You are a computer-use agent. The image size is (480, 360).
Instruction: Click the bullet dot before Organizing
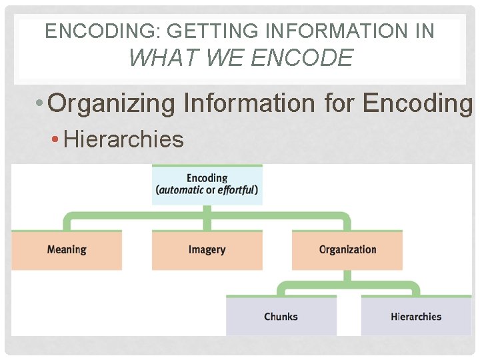point(41,104)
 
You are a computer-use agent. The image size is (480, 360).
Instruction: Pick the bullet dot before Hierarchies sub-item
point(56,140)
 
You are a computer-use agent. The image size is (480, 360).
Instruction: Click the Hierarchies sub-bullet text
point(123,139)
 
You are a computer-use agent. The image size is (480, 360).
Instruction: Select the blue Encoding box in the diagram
point(207,184)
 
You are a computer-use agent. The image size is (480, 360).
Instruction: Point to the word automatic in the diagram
point(180,190)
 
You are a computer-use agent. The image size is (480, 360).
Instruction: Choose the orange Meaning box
point(67,250)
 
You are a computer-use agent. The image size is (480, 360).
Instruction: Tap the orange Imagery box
point(207,250)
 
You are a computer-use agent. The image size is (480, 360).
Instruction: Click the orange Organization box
point(347,250)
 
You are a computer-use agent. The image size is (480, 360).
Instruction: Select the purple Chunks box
point(281,316)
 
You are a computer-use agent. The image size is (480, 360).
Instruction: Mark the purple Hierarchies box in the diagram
point(416,316)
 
